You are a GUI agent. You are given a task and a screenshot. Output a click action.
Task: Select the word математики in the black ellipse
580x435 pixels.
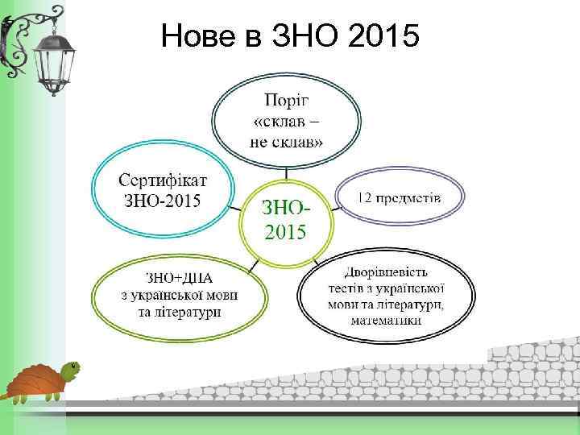pyautogui.click(x=385, y=320)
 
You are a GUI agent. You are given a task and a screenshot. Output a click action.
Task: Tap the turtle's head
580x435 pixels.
pyautogui.click(x=71, y=370)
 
